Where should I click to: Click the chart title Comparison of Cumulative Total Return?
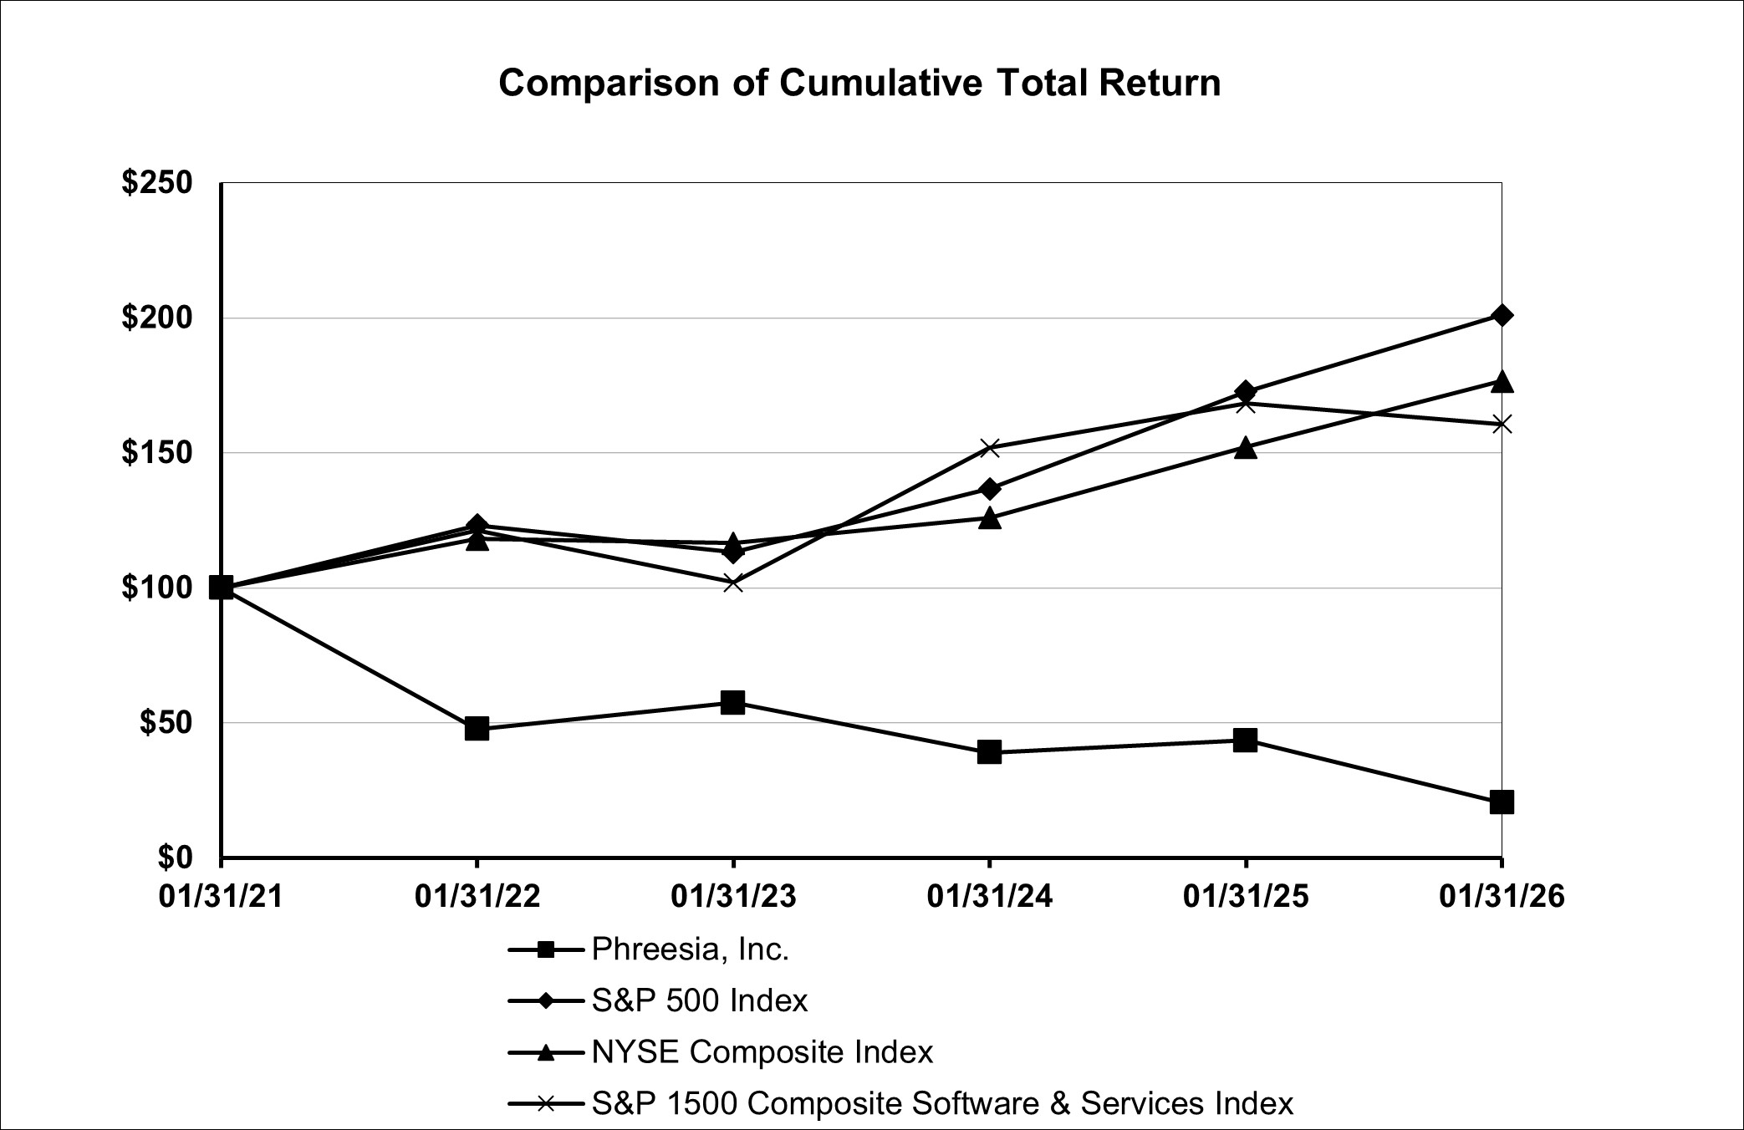click(859, 84)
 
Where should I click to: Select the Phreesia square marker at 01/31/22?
click(477, 728)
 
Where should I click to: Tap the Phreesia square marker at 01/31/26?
click(1502, 802)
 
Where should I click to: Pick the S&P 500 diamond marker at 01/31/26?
click(1502, 315)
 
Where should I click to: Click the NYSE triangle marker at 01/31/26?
click(1502, 382)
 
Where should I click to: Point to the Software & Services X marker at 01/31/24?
click(989, 448)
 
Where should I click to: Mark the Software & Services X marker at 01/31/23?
click(733, 583)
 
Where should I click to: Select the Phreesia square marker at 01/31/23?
click(733, 702)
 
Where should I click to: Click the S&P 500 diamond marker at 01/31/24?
click(989, 488)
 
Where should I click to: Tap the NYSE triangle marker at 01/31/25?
click(1245, 448)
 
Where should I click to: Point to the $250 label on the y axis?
click(157, 183)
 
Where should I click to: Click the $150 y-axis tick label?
click(157, 453)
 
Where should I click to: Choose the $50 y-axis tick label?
click(166, 723)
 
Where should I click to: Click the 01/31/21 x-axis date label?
click(222, 897)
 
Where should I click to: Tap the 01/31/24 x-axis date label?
click(989, 897)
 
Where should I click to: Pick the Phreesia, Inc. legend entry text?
click(691, 949)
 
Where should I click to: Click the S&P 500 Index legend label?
click(700, 1000)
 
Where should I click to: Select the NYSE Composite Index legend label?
click(762, 1051)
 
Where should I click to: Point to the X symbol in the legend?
click(545, 1104)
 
